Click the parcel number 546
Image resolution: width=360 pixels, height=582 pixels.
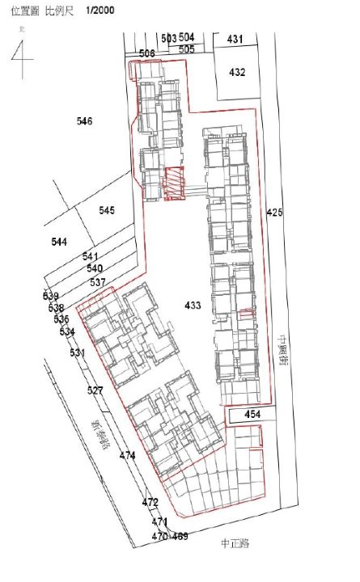[x=85, y=121]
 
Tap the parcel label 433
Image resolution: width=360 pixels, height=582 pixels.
[x=193, y=305]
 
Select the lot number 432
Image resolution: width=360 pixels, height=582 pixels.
[x=237, y=72]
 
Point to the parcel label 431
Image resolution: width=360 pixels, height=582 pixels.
[x=235, y=39]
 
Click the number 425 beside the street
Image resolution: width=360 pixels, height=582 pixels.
[x=275, y=213]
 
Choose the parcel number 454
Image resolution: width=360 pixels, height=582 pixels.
[x=253, y=415]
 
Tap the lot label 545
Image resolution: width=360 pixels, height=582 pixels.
[x=107, y=210]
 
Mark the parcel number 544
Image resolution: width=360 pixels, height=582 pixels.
[x=59, y=242]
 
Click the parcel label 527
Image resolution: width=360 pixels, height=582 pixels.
[x=95, y=390]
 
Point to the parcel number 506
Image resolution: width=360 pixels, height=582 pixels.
[x=146, y=53]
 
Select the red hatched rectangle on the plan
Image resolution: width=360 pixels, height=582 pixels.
[x=174, y=182]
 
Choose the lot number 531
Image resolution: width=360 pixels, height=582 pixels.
[x=77, y=353]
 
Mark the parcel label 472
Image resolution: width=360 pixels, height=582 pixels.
[x=150, y=502]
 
